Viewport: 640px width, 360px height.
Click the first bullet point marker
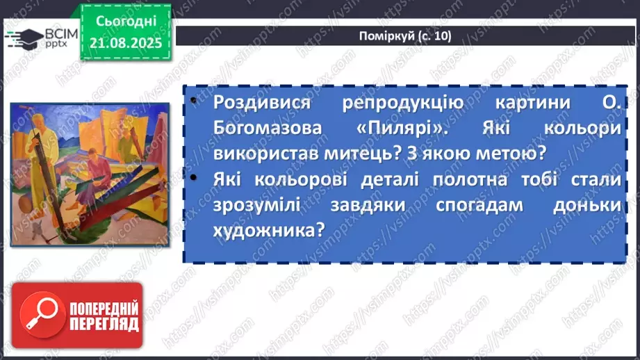click(x=192, y=103)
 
